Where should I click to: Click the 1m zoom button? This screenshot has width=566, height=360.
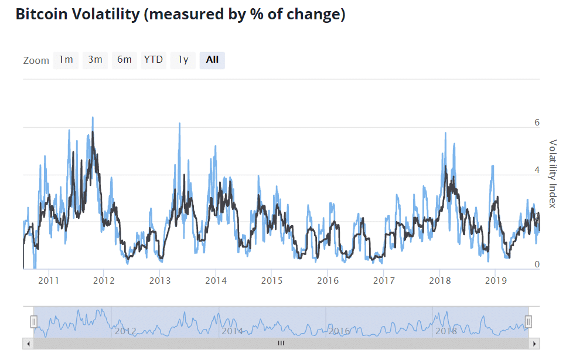[x=66, y=60]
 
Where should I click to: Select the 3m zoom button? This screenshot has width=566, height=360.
[x=95, y=60]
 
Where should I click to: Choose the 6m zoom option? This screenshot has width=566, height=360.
[x=124, y=60]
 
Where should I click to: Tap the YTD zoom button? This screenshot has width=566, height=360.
[x=154, y=60]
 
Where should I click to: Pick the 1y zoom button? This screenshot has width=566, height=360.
[x=183, y=60]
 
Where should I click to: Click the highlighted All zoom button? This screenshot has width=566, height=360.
[x=212, y=60]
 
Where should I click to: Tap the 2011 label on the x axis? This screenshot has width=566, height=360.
[x=49, y=280]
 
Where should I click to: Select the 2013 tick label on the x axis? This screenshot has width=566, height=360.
[x=160, y=280]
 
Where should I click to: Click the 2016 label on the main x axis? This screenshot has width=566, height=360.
[x=328, y=280]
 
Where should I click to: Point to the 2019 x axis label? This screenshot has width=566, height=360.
[x=496, y=280]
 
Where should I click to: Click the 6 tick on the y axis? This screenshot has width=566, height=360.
[x=537, y=123]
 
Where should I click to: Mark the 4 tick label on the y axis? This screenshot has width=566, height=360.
[x=537, y=170]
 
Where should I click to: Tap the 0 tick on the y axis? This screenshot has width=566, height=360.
[x=537, y=265]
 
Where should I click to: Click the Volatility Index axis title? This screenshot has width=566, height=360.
[x=552, y=174]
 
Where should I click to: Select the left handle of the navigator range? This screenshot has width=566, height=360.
[x=34, y=321]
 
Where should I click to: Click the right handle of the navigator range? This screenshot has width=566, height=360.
[x=529, y=321]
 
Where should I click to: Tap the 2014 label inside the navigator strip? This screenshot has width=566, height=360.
[x=232, y=331]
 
